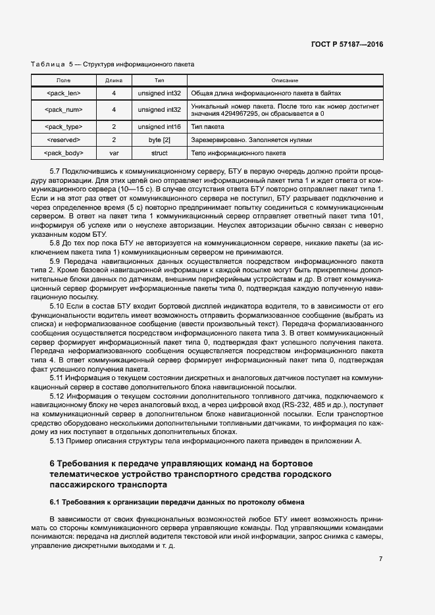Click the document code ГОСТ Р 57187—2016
pos(347,45)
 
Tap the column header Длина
pos(114,80)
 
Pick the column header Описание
pos(284,80)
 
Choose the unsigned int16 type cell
pos(159,126)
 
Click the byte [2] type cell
pos(159,139)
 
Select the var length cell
pos(114,153)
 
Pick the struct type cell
pos(159,153)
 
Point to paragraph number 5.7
pos(57,172)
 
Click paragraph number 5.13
pos(59,441)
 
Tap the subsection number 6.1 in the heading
pos(55,503)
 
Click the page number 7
pos(380,558)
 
